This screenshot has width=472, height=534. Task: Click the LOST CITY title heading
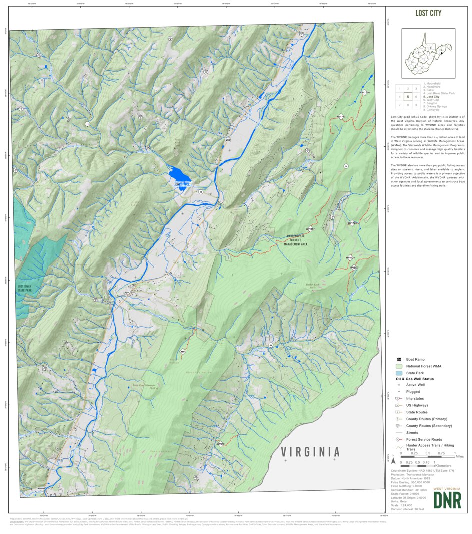428,13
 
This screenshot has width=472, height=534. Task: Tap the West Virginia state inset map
428,53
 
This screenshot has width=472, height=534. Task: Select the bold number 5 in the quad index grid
408,97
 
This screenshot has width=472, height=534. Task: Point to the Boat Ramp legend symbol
399,360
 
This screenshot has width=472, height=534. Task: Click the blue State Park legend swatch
399,373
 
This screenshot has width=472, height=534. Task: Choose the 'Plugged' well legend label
413,391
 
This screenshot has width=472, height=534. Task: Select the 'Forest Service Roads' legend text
423,439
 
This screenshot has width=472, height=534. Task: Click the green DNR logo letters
447,500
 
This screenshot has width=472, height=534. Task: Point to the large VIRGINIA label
310,452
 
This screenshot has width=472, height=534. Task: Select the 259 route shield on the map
228,140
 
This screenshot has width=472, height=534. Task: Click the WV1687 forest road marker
309,229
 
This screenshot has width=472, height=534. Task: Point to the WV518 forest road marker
220,444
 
